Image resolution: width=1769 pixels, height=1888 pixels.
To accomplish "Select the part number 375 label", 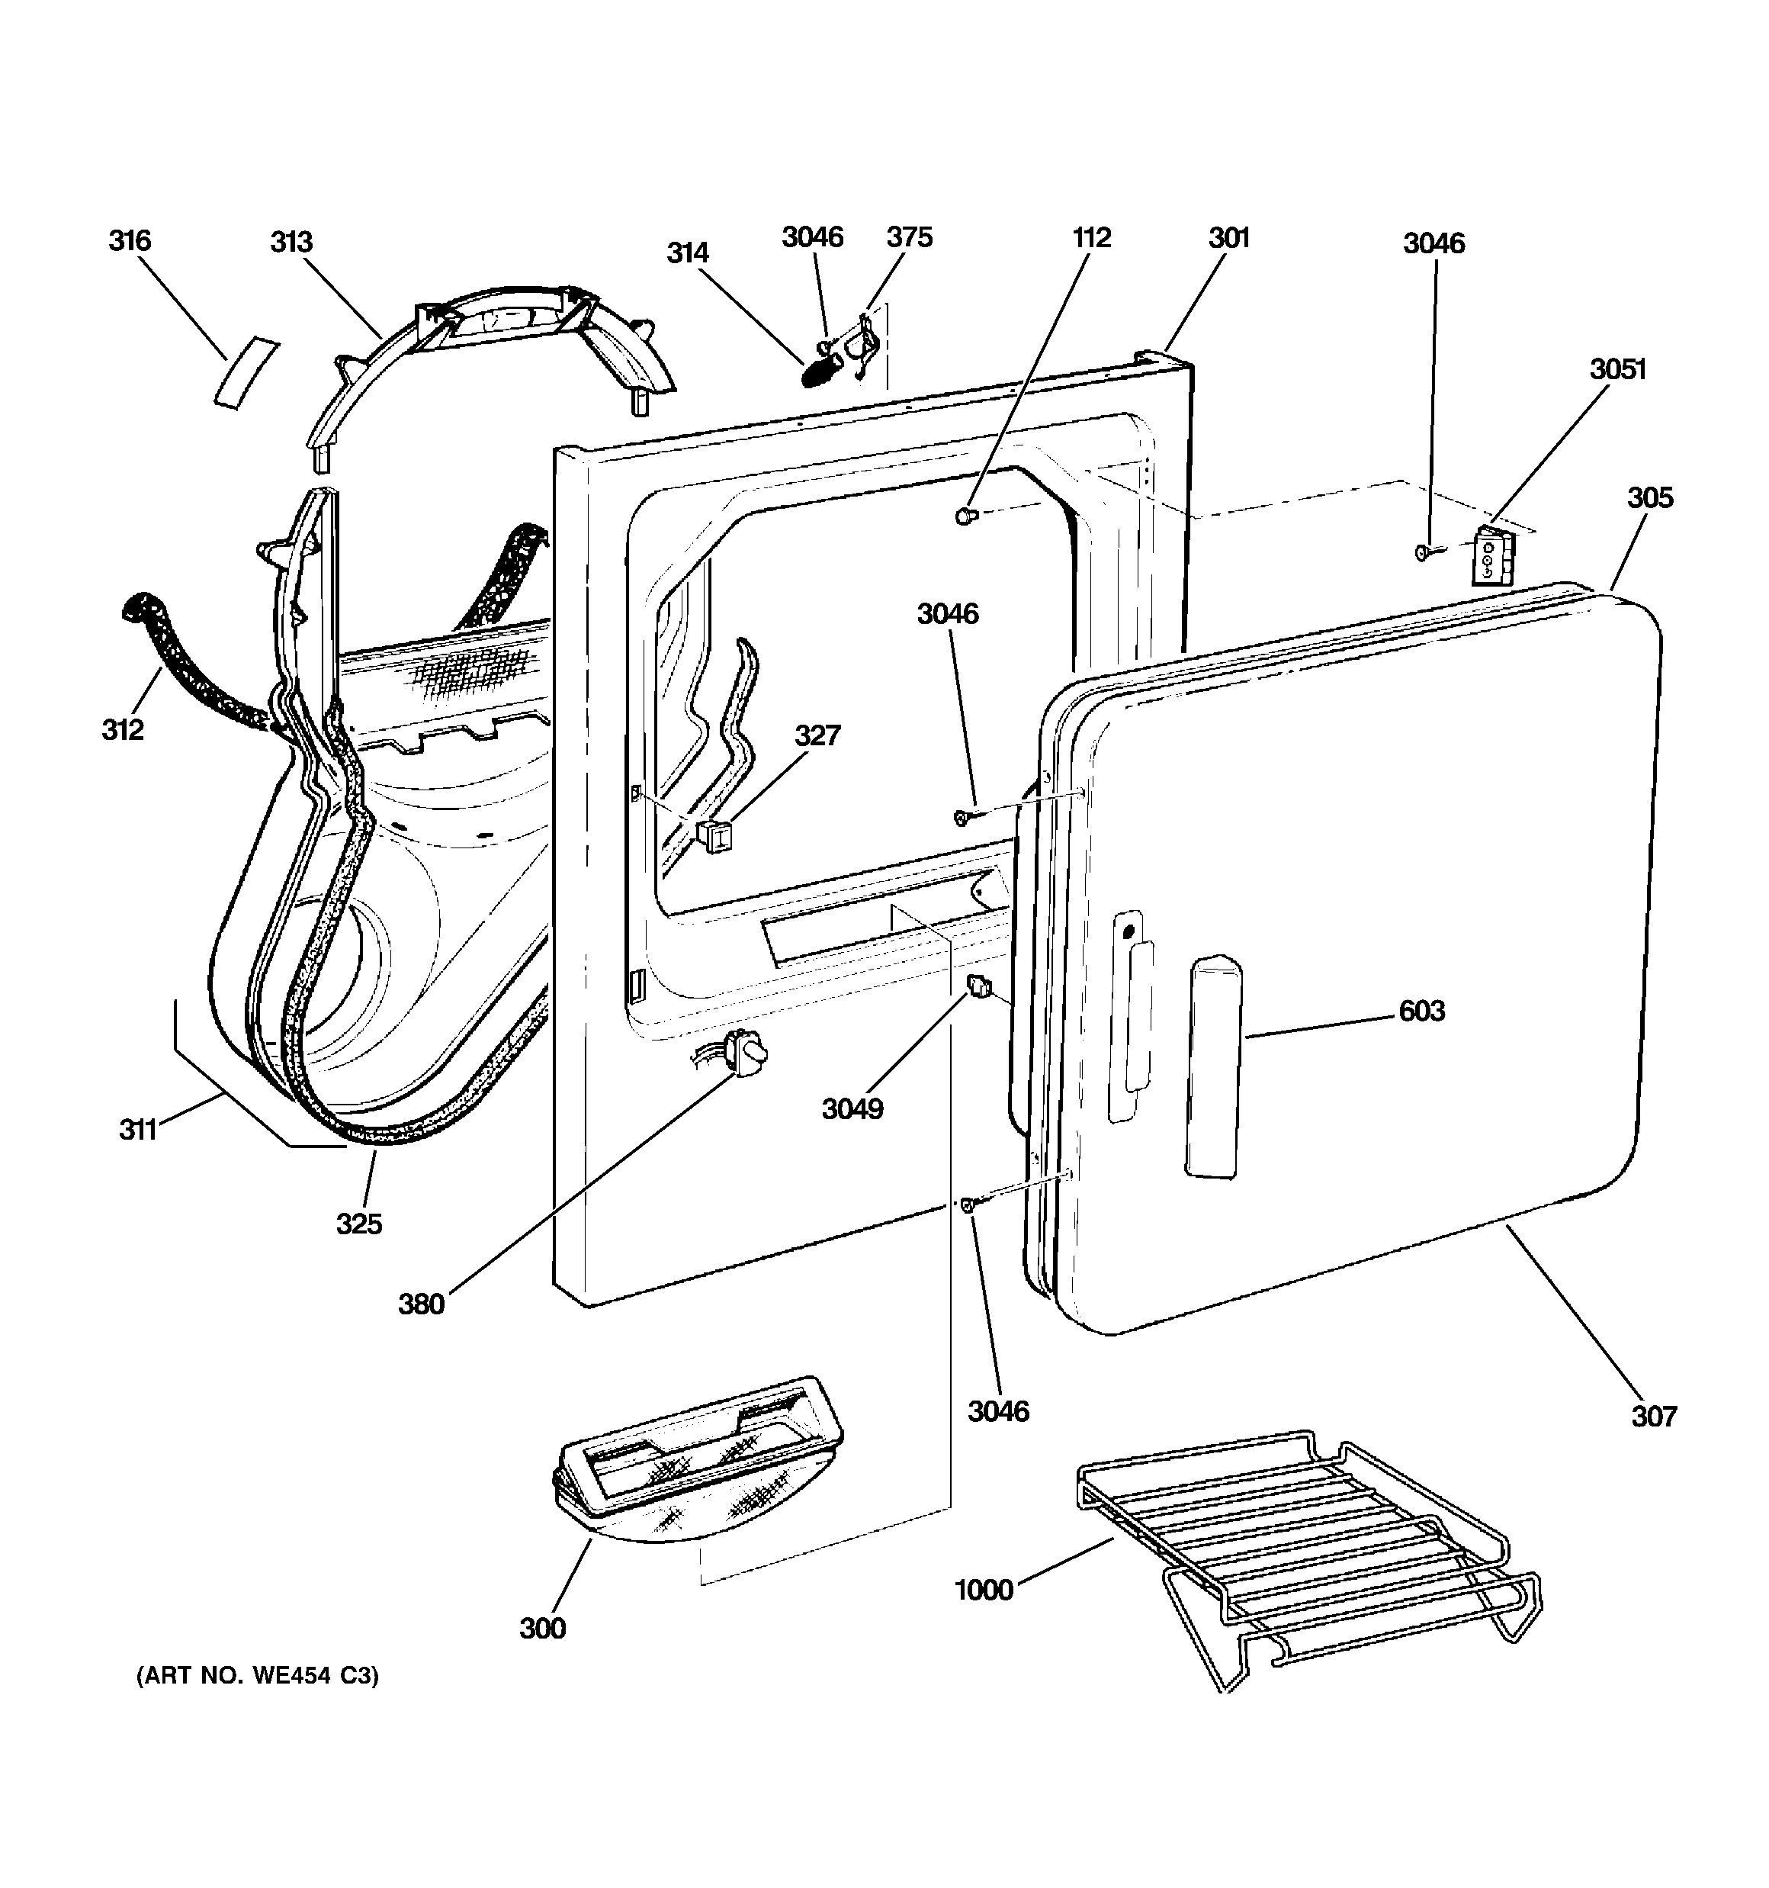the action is [910, 236].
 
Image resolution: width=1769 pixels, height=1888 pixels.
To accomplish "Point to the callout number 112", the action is [1092, 237].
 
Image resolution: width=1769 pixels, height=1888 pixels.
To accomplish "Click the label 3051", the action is [1618, 368].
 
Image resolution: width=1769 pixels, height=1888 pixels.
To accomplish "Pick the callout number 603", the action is [1421, 1011].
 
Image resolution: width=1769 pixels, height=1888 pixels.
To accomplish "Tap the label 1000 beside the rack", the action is [984, 1590].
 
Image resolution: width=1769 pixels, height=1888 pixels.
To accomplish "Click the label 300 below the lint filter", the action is [543, 1629].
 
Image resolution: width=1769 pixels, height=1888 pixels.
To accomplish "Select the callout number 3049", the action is [852, 1108].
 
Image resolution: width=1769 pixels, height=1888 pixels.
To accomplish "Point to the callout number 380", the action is [422, 1304].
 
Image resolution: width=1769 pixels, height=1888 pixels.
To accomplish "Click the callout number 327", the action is [817, 735].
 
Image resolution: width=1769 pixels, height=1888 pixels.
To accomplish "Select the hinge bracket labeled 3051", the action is [1491, 558].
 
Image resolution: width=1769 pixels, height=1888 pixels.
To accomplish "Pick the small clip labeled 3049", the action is [979, 988].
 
